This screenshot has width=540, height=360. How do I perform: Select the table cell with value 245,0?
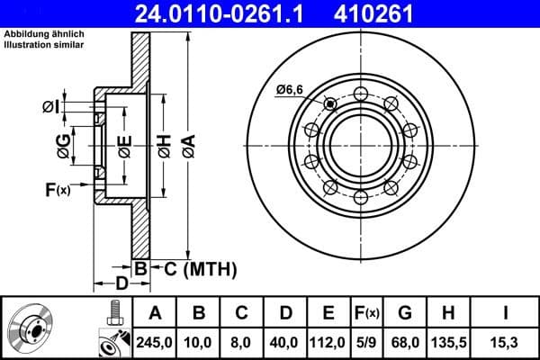click(155, 341)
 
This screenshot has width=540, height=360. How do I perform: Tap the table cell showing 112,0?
click(328, 341)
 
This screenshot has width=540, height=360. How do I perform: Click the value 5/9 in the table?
click(366, 341)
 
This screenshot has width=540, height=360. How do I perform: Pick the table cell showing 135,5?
click(447, 341)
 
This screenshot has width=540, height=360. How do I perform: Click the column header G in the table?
click(405, 313)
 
